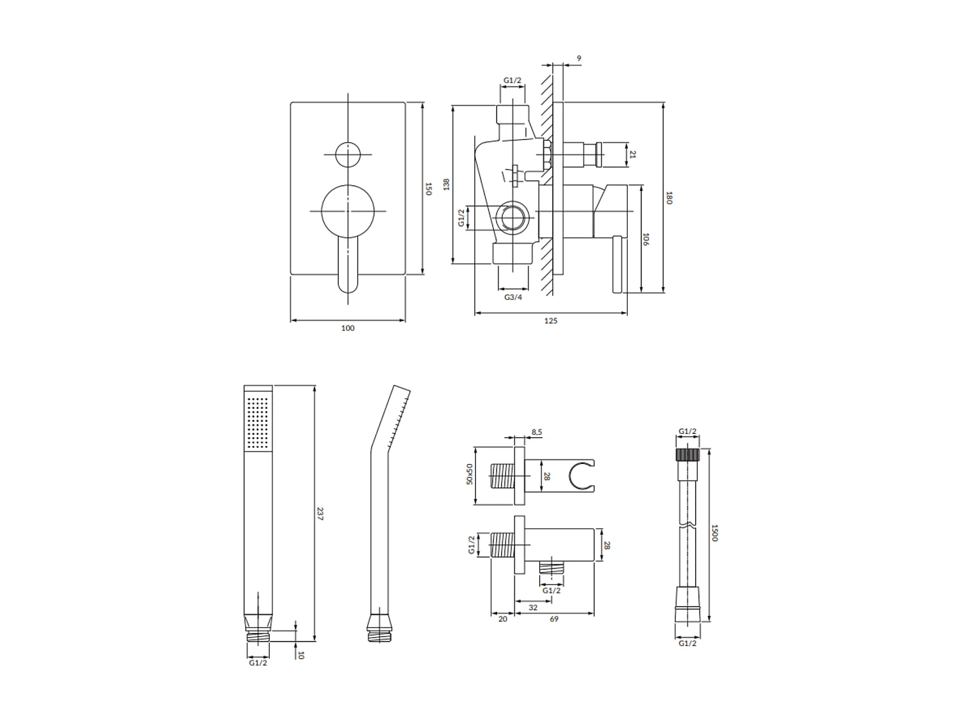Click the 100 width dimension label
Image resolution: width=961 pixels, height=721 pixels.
(347, 328)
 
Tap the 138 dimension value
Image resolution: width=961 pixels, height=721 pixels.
(447, 184)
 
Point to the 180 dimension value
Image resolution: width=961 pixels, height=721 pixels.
(669, 197)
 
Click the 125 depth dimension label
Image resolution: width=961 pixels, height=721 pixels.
(550, 320)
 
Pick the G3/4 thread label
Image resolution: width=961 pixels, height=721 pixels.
(513, 297)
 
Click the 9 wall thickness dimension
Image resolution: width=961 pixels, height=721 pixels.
(579, 58)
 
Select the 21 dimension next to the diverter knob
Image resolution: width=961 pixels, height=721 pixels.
(633, 154)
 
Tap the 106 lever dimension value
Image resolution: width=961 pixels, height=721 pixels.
(646, 240)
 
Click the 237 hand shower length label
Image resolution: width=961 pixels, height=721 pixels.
(320, 513)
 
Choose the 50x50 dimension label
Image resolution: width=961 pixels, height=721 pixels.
(470, 474)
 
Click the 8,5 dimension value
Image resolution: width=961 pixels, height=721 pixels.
(537, 432)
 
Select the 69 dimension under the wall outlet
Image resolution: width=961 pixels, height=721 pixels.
(554, 619)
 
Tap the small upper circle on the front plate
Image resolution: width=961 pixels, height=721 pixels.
(347, 154)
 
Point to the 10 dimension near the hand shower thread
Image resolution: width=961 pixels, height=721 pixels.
(301, 655)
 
